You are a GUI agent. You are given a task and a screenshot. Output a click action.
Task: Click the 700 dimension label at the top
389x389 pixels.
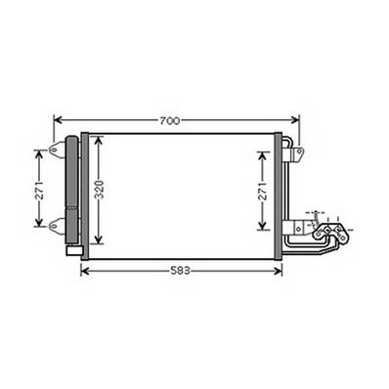169,120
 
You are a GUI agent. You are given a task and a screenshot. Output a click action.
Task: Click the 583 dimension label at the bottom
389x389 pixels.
180,269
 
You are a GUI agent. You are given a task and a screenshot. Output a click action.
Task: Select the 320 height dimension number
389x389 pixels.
98,190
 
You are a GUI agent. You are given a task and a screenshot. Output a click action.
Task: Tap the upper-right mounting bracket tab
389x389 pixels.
297,152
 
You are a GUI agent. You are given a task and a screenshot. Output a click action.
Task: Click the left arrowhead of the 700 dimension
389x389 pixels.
57,120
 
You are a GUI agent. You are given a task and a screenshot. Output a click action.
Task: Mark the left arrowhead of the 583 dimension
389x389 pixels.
85,269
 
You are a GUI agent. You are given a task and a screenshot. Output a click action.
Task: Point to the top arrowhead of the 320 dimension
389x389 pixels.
98,139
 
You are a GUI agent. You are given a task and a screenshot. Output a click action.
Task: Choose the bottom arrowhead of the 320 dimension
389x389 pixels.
98,243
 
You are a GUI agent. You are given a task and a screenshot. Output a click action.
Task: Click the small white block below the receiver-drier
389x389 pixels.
72,249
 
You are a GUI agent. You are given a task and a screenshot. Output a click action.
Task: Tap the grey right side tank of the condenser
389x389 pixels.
279,195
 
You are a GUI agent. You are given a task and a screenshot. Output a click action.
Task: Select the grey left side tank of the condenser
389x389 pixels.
85,195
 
